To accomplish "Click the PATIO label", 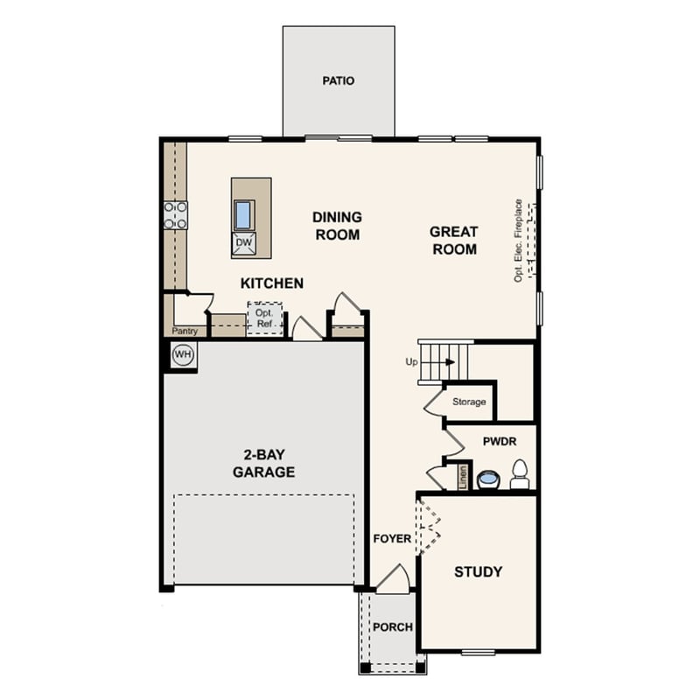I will pyautogui.click(x=338, y=80).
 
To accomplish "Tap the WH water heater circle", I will pyautogui.click(x=182, y=354).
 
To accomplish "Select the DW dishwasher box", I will pyautogui.click(x=243, y=244).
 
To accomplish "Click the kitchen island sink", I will pyautogui.click(x=244, y=213).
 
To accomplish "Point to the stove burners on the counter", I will pyautogui.click(x=175, y=215).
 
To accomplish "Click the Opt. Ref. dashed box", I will pyautogui.click(x=264, y=318).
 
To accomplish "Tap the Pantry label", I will pyautogui.click(x=184, y=332).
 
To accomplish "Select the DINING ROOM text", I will pyautogui.click(x=337, y=225).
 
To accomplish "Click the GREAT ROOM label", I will pyautogui.click(x=453, y=241).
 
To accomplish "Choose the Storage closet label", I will pyautogui.click(x=469, y=402).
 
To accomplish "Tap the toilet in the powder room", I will pyautogui.click(x=520, y=473).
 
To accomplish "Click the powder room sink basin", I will pyautogui.click(x=487, y=479).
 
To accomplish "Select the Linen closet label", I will pyautogui.click(x=463, y=477).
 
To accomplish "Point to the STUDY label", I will pyautogui.click(x=478, y=572).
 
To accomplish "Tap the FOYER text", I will pyautogui.click(x=391, y=539).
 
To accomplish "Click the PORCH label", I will pyautogui.click(x=392, y=627).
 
